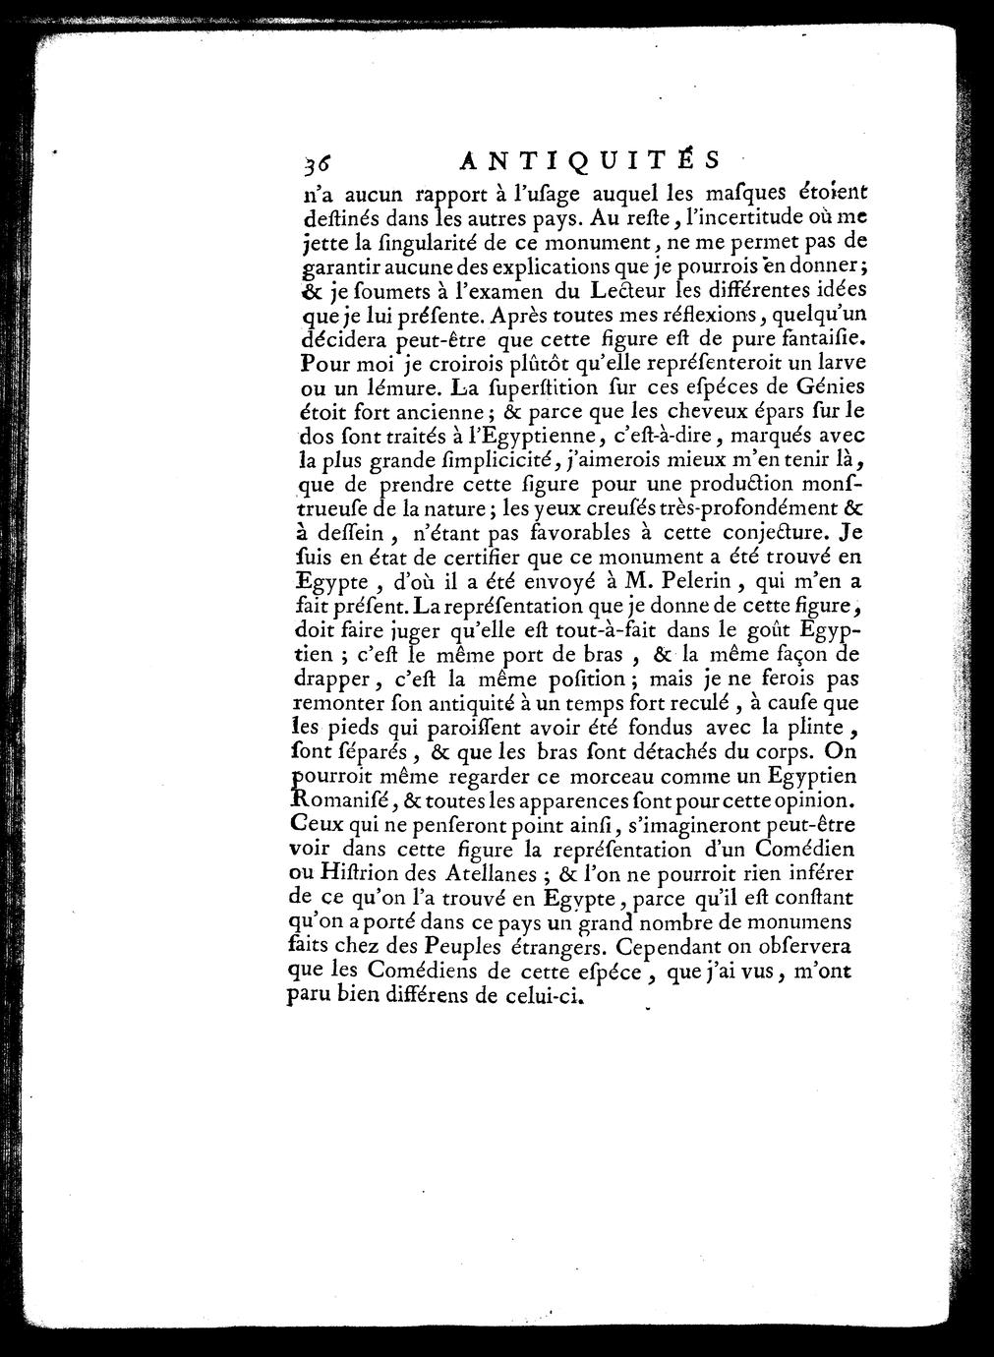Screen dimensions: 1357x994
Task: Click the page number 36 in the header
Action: (x=318, y=163)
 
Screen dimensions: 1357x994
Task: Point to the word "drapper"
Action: (x=329, y=679)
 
